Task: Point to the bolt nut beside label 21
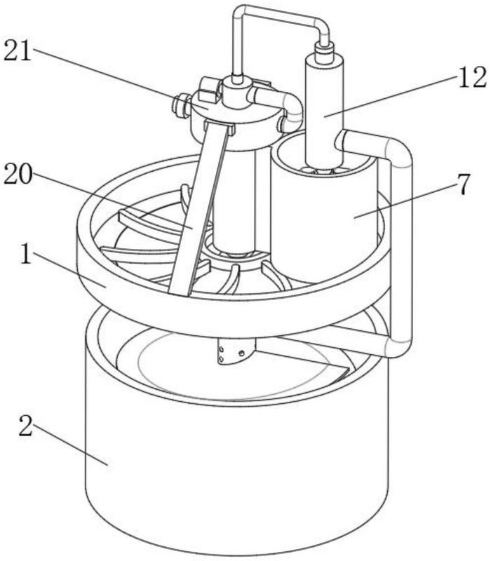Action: click(181, 106)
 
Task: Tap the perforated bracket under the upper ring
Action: click(237, 351)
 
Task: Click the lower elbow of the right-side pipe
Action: click(400, 345)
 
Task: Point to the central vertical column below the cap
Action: click(234, 201)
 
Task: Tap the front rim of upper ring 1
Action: click(233, 315)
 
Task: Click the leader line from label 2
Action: click(71, 445)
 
